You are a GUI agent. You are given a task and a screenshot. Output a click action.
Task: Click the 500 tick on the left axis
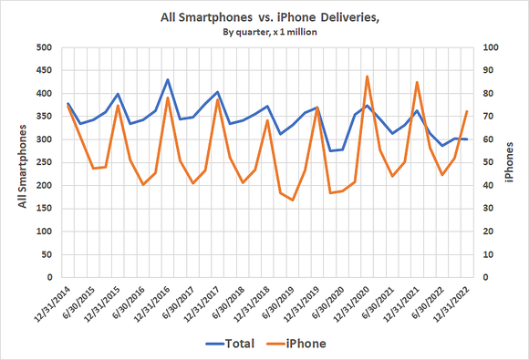[x=42, y=47]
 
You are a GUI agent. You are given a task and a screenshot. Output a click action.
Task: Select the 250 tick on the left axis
[x=42, y=162]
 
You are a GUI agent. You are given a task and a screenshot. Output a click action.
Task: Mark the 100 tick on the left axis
[x=42, y=231]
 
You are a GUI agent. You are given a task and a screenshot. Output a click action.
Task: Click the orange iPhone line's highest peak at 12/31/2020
[x=367, y=77]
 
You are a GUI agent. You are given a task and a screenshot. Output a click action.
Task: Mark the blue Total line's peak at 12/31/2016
[x=168, y=79]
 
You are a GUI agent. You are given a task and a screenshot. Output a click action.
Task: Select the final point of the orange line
[x=467, y=111]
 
